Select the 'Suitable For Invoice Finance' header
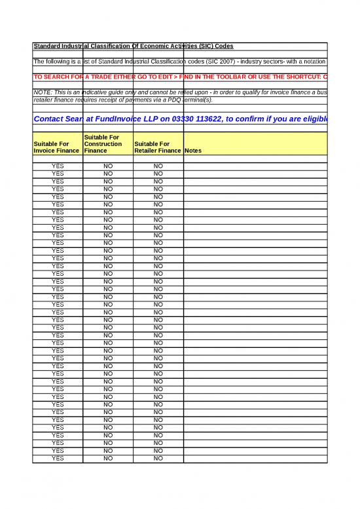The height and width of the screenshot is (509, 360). pos(58,147)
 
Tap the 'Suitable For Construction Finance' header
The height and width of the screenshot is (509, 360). pos(107,143)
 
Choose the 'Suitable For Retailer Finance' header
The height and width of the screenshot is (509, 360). pos(157,147)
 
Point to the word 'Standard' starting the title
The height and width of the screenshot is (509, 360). pos(47,46)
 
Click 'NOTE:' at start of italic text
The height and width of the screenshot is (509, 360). pos(43,92)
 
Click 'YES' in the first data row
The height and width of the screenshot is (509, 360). pos(58,166)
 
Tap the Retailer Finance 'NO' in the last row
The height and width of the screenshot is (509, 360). pos(158,459)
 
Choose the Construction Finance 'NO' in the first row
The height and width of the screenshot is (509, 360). pos(107,166)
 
